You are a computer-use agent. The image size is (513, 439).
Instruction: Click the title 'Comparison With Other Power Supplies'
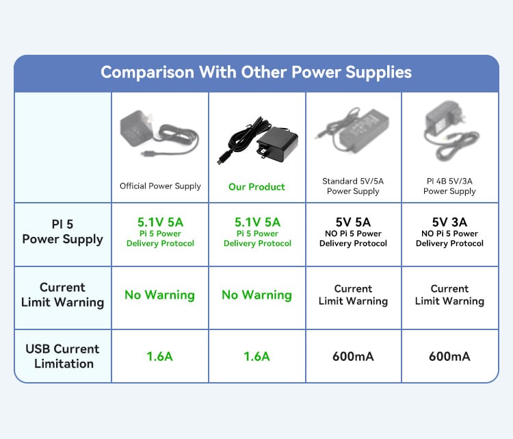256,73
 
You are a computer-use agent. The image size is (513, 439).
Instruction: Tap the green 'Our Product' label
256,187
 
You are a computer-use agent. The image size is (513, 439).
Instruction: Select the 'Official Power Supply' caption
160,186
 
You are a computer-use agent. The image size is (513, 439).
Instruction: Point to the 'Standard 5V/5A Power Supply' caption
353,186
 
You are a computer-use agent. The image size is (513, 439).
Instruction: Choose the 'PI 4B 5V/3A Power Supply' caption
449,186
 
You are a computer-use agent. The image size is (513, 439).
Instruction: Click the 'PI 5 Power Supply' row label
62,232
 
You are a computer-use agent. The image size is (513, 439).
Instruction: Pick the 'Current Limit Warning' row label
62,295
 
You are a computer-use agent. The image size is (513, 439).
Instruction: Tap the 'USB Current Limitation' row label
62,356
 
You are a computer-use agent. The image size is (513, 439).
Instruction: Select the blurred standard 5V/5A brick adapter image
353,129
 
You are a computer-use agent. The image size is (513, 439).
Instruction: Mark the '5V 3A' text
449,222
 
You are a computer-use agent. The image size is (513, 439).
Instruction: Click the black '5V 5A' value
353,222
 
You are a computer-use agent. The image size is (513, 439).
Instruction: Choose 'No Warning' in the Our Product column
256,295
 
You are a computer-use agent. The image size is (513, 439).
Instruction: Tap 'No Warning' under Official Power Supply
159,295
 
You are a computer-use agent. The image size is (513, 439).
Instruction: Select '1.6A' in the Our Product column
256,356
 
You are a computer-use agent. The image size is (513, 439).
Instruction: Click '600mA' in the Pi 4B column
449,356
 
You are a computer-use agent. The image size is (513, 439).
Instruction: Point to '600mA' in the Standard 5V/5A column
353,356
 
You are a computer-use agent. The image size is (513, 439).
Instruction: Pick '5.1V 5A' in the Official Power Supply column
160,222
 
